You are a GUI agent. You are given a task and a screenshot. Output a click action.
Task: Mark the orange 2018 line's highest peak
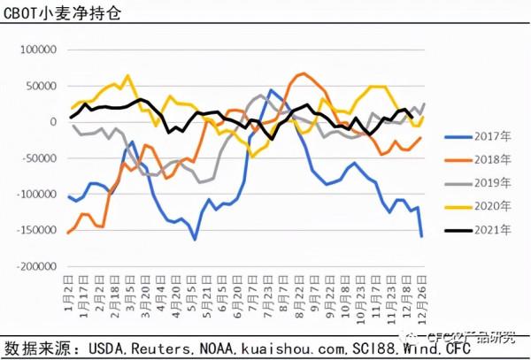click(303, 73)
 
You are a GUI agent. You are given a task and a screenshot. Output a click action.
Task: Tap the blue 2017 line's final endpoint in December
click(422, 235)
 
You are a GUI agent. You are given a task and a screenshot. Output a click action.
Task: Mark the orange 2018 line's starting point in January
click(69, 233)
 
